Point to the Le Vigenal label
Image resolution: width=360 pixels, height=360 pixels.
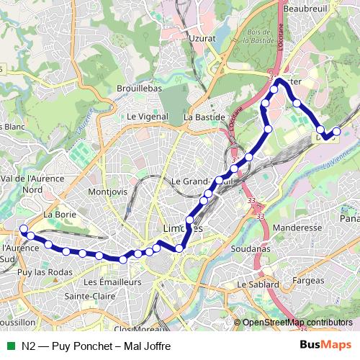[x=147, y=116]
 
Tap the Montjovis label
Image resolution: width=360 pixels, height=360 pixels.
[x=107, y=192]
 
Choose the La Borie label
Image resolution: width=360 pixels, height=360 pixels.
[x=60, y=214]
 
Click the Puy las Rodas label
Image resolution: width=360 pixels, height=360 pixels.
[x=45, y=271]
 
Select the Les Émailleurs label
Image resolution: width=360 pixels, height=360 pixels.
[x=112, y=282]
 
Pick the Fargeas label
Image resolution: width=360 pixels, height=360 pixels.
[x=309, y=279]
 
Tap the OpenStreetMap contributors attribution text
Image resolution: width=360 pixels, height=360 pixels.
[x=297, y=323]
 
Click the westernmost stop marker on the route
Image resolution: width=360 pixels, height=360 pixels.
[x=23, y=228]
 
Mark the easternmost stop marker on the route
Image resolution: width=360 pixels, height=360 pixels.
[x=336, y=132]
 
